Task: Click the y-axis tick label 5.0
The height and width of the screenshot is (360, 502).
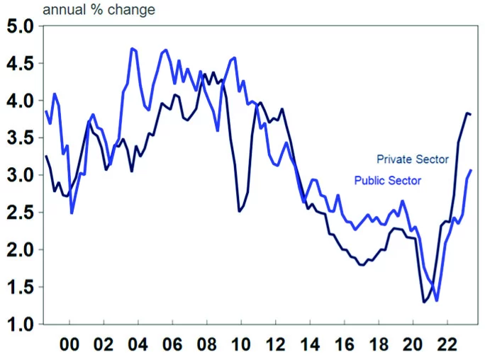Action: coord(20,27)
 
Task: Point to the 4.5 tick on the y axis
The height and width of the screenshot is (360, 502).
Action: coord(20,64)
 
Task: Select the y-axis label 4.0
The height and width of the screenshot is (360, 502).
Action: coord(20,101)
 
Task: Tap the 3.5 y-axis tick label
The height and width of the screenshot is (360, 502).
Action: coord(20,139)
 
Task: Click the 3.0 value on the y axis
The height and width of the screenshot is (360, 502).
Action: coord(20,176)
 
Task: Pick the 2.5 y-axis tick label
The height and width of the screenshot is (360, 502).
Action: coord(20,213)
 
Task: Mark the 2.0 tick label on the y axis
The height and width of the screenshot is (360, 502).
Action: coord(20,250)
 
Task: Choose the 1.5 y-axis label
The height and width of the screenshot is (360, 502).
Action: coord(20,288)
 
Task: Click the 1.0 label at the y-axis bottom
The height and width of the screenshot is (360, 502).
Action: coord(20,325)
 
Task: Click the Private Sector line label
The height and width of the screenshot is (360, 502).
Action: coord(412,159)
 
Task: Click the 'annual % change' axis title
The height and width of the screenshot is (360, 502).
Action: coord(99,10)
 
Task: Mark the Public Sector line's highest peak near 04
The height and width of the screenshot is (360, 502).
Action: coord(133,48)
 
